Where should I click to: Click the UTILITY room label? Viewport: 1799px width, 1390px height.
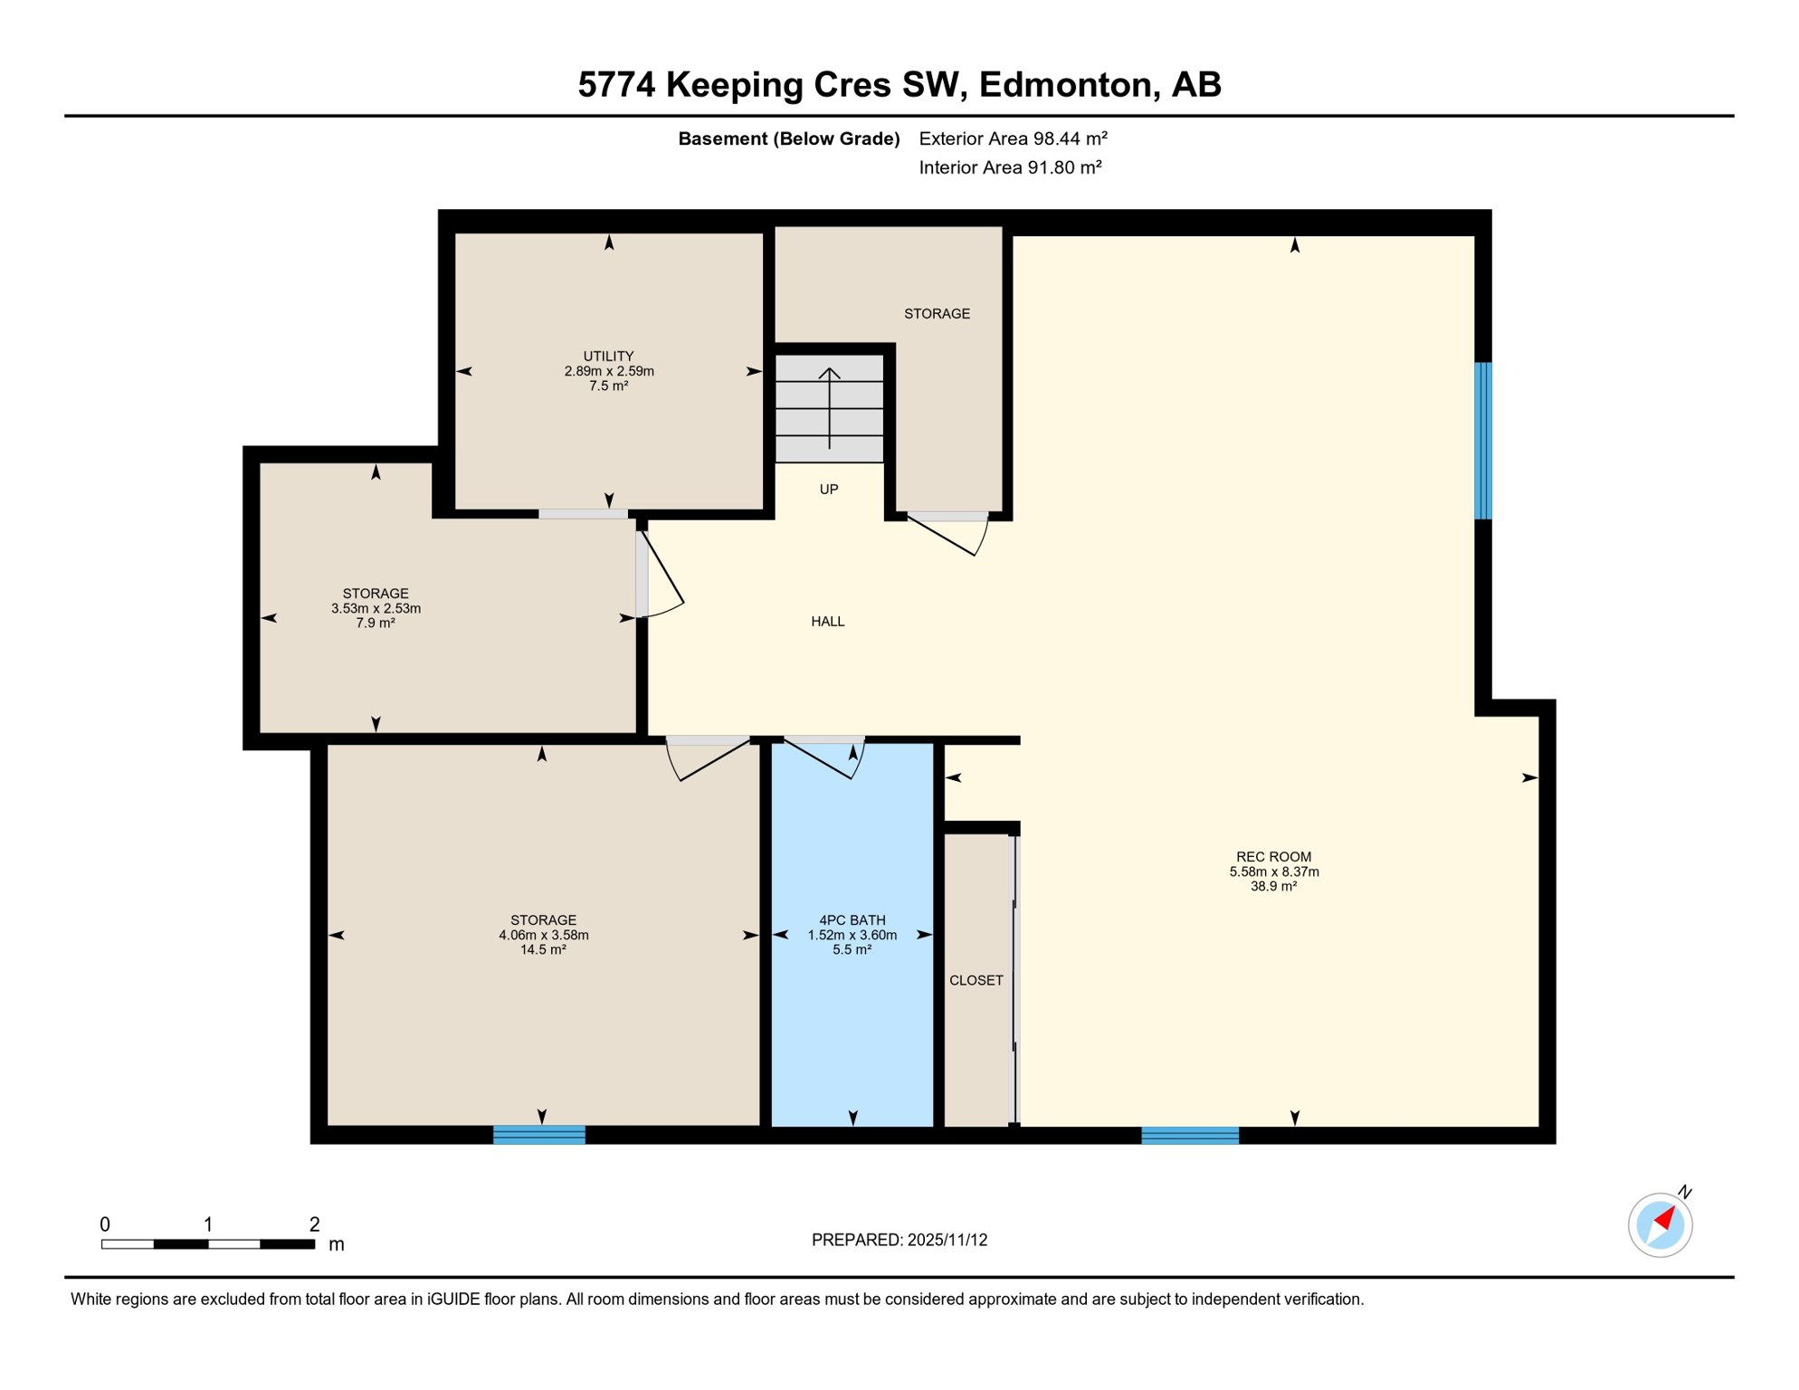608,357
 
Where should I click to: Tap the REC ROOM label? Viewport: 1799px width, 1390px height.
1273,857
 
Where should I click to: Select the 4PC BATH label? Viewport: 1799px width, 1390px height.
852,920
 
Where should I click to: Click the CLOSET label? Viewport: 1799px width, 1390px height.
976,980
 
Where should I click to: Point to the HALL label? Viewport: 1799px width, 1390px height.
827,622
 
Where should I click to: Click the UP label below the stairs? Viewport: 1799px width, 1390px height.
828,490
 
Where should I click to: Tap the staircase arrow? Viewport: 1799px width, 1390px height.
829,407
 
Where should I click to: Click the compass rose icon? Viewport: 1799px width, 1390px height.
1660,1225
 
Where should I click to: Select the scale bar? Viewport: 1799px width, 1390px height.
208,1244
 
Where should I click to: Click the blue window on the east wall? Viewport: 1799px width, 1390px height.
1482,441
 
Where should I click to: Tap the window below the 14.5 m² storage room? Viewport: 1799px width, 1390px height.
539,1135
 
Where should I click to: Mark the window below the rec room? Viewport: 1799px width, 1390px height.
1189,1136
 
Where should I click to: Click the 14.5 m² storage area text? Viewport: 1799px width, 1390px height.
543,950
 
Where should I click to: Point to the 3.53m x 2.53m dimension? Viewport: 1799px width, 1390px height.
376,609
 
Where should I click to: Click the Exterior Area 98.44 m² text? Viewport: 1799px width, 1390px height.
1013,138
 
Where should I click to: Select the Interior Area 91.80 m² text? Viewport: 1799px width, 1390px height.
1010,167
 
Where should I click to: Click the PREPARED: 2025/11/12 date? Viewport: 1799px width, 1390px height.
899,1240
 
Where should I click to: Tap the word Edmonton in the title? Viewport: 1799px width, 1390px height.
1069,84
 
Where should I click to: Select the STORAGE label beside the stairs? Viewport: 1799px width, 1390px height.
937,314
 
